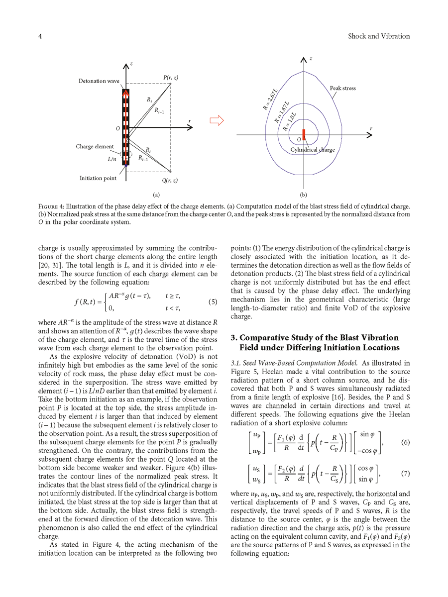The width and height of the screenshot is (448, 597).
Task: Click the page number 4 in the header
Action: pyautogui.click(x=40, y=36)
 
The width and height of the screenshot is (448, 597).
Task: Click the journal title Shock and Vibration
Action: pyautogui.click(x=379, y=36)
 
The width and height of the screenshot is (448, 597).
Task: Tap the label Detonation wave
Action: pyautogui.click(x=98, y=81)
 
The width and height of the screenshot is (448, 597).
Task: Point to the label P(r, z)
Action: pyautogui.click(x=171, y=78)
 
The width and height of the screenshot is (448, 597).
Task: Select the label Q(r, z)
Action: pyautogui.click(x=170, y=180)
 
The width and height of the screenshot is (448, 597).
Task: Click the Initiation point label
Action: pyautogui.click(x=98, y=178)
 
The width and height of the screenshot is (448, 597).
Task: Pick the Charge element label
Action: pyautogui.click(x=95, y=147)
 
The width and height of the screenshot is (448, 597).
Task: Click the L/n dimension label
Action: pyautogui.click(x=112, y=160)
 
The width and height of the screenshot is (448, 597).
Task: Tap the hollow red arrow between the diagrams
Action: pyautogui.click(x=217, y=121)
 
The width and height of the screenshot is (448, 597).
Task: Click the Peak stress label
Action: pyautogui.click(x=343, y=88)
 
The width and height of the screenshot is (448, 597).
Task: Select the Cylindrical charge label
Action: pyautogui.click(x=313, y=149)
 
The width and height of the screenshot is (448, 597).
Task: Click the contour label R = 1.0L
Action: pyautogui.click(x=290, y=121)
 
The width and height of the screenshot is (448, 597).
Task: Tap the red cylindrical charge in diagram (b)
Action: pyautogui.click(x=304, y=134)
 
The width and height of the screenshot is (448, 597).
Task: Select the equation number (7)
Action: pyautogui.click(x=405, y=474)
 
